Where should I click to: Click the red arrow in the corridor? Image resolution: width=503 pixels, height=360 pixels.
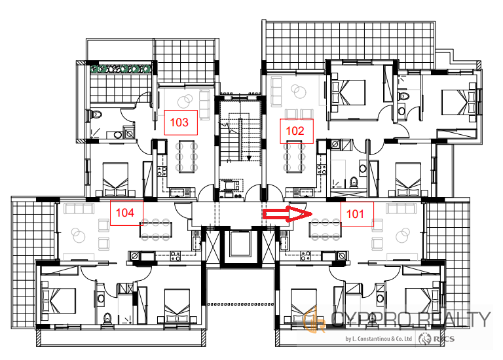(288, 214)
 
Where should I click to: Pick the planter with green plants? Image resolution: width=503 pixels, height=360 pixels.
(121, 69)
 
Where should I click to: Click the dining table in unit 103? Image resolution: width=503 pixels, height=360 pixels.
(187, 156)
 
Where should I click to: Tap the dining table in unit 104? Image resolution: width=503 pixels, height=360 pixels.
(156, 230)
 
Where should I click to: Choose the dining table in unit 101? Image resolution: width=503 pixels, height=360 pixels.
(325, 230)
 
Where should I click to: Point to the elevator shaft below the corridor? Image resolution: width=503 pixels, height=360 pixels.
(239, 246)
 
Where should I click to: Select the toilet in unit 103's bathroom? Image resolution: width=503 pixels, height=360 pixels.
(95, 114)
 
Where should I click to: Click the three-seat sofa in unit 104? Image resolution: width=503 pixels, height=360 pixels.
(79, 208)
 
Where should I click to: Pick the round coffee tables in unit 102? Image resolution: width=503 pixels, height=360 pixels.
(299, 92)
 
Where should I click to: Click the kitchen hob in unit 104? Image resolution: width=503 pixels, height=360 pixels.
(175, 256)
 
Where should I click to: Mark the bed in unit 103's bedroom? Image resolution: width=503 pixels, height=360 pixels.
(115, 179)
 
